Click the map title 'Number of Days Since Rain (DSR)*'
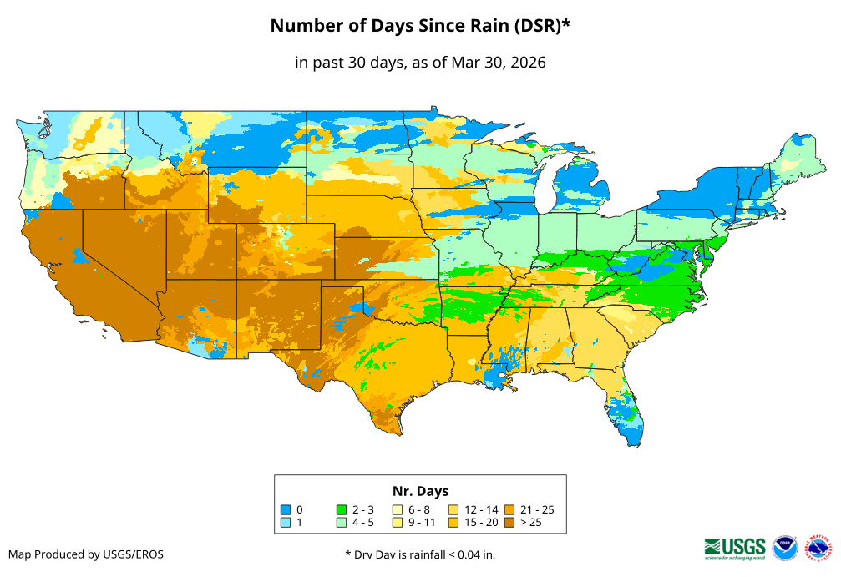pos(420,26)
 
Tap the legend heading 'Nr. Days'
pos(420,491)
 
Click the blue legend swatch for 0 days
pos(286,509)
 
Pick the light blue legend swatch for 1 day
pos(286,523)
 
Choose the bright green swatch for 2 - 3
pos(341,509)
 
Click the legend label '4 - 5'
pos(364,523)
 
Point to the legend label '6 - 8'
pos(419,509)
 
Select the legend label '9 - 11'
pos(422,523)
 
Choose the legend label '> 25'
pos(531,523)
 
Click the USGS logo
pos(735,547)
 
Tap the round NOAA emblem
pos(785,548)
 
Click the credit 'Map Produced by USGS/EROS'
pos(86,554)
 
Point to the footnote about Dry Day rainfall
pos(420,554)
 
